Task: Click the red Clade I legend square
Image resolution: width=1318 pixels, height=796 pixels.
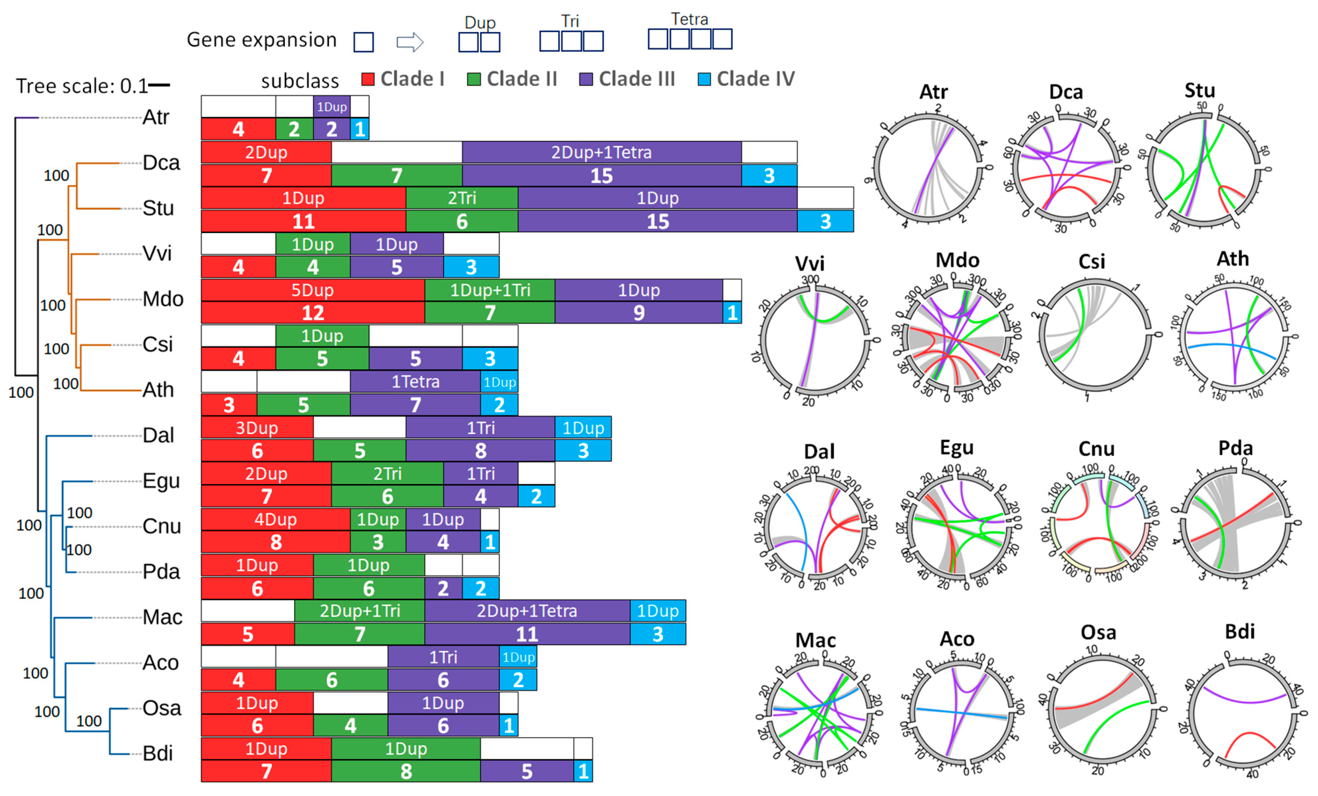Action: [x=368, y=79]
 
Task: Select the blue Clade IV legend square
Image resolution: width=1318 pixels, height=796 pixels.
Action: [x=704, y=79]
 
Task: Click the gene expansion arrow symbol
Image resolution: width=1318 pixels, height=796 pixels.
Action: [x=410, y=42]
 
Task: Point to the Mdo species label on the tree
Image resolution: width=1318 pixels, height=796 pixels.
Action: [x=163, y=299]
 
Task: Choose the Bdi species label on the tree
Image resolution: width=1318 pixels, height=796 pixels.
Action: [x=158, y=753]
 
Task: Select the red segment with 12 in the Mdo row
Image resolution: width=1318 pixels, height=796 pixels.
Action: [x=313, y=313]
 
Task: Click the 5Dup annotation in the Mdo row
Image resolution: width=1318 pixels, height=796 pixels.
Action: [x=312, y=290]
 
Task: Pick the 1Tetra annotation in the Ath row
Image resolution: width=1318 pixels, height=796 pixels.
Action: [x=415, y=382]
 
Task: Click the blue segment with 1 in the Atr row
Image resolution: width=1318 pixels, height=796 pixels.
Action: [x=360, y=129]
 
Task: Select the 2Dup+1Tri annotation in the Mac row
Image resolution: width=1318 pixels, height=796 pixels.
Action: [x=360, y=611]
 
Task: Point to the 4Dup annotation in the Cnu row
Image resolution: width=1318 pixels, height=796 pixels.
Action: [x=275, y=519]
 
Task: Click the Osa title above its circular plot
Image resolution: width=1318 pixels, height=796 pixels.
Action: [x=1098, y=633]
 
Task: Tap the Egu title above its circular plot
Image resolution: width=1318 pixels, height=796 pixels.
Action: [x=956, y=447]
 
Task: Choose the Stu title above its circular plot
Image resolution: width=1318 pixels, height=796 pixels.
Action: [x=1199, y=90]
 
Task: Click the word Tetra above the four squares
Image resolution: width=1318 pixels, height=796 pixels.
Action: [x=689, y=19]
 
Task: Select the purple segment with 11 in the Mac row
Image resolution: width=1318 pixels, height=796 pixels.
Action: [x=527, y=634]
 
